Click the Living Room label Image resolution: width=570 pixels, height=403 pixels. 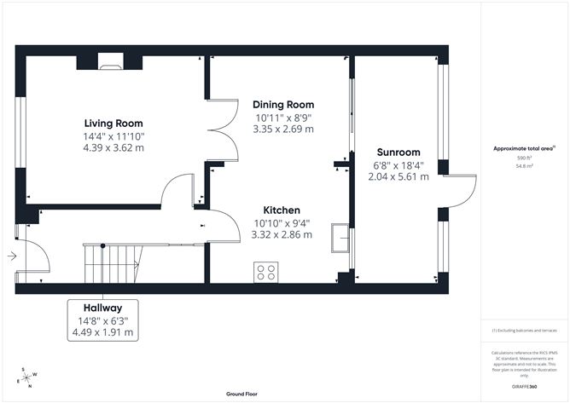(113, 123)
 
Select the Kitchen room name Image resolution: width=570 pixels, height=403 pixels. (281, 210)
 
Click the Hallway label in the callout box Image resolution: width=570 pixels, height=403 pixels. (102, 308)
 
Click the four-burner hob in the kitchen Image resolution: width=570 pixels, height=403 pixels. (266, 272)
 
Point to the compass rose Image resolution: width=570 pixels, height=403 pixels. (27, 377)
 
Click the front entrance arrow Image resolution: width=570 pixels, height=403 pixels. (10, 255)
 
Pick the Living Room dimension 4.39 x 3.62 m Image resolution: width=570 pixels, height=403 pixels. (113, 147)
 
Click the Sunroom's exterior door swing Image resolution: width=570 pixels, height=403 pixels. (458, 192)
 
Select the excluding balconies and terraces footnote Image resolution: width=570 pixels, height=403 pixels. (523, 330)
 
